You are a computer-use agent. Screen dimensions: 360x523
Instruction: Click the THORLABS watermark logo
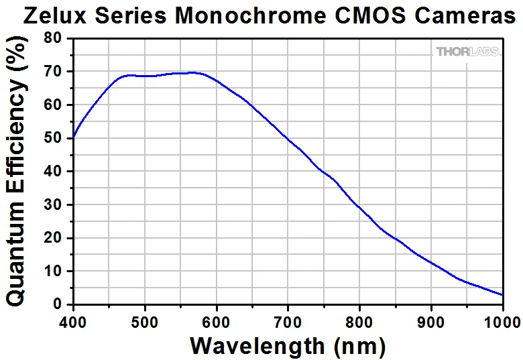pos(467,52)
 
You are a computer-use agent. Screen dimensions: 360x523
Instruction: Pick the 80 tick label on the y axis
pos(54,38)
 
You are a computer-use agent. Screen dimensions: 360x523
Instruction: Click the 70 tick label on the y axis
pos(54,71)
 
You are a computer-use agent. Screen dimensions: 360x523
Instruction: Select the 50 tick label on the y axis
pos(54,138)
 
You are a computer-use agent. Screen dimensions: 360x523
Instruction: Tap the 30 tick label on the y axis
pos(54,204)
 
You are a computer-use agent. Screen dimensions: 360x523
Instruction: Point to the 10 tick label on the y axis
pos(54,271)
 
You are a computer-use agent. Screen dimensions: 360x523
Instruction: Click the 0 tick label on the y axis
pos(58,304)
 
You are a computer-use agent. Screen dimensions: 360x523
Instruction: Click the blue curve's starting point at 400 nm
pos(73,138)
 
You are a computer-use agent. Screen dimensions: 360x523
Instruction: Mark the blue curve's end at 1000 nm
pos(503,294)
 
